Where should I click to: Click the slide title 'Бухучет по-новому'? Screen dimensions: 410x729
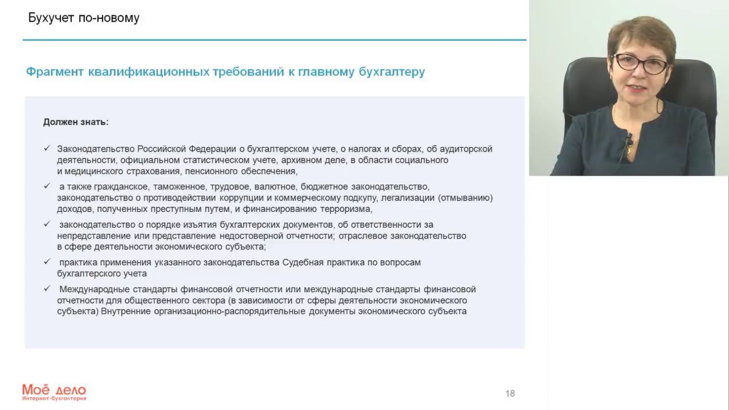(84, 18)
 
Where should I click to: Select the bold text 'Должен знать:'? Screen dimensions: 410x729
(76, 122)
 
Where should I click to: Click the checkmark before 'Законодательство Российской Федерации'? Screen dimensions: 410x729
(47, 149)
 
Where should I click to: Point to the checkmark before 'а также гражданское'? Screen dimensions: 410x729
(47, 186)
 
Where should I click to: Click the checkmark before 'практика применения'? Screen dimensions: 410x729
(47, 262)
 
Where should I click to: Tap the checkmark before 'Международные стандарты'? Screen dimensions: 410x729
(47, 289)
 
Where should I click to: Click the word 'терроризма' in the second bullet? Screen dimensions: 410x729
(347, 209)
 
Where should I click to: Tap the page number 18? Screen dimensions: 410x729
(510, 393)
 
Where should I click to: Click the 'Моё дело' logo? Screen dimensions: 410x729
(54, 391)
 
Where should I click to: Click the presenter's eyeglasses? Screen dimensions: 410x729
(640, 63)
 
